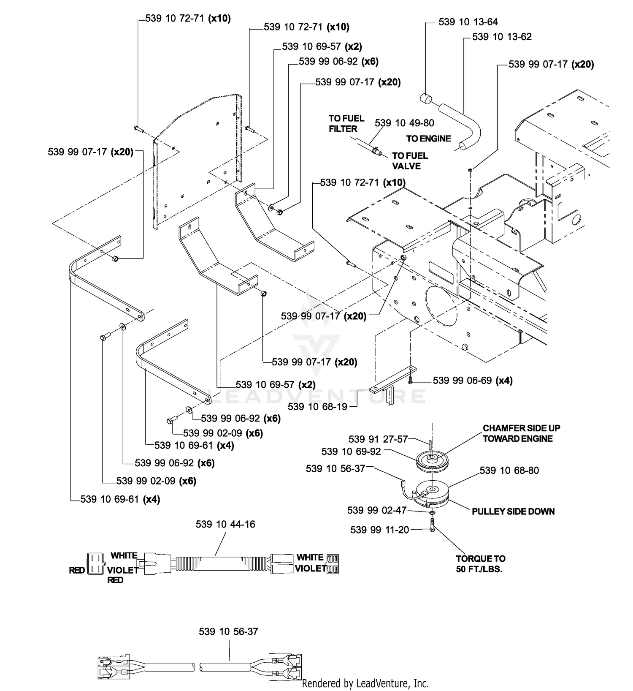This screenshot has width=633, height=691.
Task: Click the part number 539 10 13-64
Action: (x=468, y=22)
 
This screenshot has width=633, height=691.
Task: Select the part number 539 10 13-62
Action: (x=502, y=37)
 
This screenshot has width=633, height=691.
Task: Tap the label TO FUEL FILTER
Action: (x=346, y=123)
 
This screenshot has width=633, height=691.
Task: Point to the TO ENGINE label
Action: (x=428, y=139)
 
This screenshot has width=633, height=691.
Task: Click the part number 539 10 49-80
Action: (x=404, y=123)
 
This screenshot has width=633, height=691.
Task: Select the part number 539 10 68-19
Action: (x=317, y=406)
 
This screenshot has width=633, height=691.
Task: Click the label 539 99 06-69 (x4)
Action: (x=473, y=381)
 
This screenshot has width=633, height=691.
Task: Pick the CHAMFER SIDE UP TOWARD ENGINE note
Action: (x=522, y=433)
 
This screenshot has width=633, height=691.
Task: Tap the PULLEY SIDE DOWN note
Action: (x=513, y=511)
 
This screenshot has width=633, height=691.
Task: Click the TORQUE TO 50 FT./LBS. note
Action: (x=480, y=563)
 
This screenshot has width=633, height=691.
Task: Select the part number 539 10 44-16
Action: (x=225, y=524)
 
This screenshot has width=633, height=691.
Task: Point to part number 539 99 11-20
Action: (x=380, y=530)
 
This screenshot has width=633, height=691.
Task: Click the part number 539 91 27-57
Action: (x=378, y=439)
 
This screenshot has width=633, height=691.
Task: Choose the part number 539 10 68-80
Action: (x=509, y=470)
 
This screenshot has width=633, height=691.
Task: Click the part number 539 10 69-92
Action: (x=351, y=452)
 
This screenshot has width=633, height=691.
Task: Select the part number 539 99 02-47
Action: (x=377, y=510)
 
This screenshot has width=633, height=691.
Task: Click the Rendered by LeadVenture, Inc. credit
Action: (x=365, y=683)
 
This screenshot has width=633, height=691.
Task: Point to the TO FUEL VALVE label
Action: (x=410, y=161)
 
